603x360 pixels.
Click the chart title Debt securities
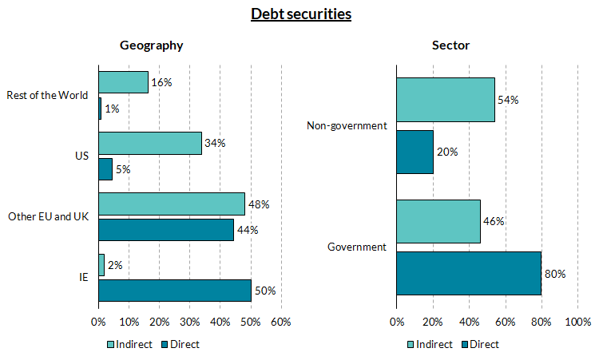301,14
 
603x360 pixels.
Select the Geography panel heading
152,45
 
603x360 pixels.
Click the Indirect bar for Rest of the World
123,82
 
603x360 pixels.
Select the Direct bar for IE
174,291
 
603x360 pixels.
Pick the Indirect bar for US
150,143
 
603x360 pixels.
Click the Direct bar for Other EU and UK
166,229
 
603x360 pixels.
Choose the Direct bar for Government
469,273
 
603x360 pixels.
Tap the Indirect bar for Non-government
446,100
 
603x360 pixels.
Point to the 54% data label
509,101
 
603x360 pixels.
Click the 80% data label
555,274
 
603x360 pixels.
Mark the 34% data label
215,144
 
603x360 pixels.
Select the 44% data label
247,230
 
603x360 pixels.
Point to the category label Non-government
347,125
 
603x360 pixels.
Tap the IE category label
83,277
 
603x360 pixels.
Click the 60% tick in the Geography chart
280,322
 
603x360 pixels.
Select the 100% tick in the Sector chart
577,322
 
